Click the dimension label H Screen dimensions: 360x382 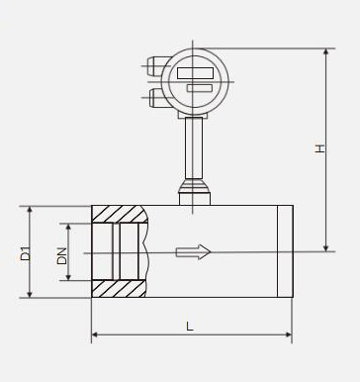tap(319, 148)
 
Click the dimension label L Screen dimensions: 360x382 tap(190, 327)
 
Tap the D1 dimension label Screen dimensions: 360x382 tap(25, 253)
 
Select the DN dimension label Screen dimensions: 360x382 tap(61, 255)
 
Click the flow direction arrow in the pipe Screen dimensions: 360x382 tap(193, 252)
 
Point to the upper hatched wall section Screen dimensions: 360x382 tap(119, 215)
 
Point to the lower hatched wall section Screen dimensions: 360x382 tap(119, 289)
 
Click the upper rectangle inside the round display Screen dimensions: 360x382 tap(195, 73)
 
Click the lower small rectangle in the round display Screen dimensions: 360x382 tap(200, 88)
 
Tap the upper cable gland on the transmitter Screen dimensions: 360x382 tap(156, 66)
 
